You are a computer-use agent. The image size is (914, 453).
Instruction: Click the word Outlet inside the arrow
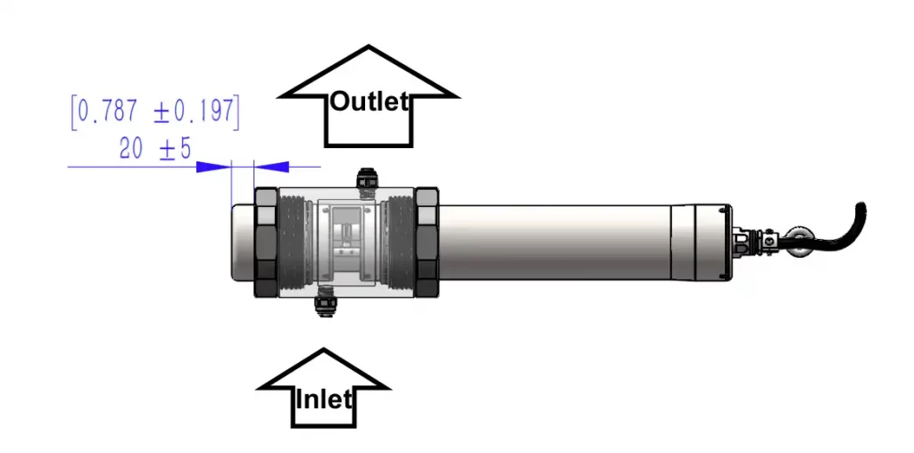point(369,102)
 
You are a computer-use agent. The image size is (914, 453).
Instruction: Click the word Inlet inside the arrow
point(323,399)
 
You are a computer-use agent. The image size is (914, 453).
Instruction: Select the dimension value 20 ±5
point(155,149)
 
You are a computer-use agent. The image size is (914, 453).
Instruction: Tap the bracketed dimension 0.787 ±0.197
point(155,111)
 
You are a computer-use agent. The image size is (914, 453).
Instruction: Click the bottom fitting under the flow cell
point(324,308)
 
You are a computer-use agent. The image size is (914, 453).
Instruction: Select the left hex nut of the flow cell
point(266,243)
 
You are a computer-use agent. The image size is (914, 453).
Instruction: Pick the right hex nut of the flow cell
point(427,243)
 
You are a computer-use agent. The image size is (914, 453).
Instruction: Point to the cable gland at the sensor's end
point(748,241)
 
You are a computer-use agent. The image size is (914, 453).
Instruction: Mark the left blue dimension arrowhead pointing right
point(213,167)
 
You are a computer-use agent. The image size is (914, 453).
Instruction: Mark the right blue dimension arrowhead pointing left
point(272,167)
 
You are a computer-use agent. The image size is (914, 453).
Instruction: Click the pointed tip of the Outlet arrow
point(368,46)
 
